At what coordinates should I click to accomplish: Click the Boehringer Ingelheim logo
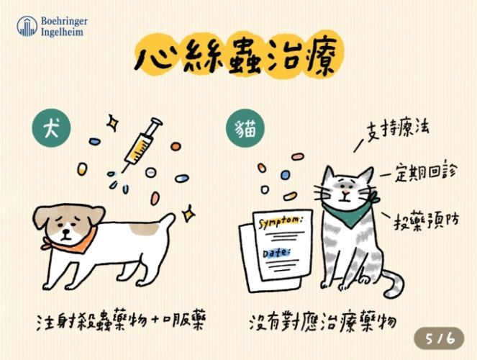(50, 27)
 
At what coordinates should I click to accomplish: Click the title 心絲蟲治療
(238, 58)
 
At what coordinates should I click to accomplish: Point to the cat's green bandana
(348, 209)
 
